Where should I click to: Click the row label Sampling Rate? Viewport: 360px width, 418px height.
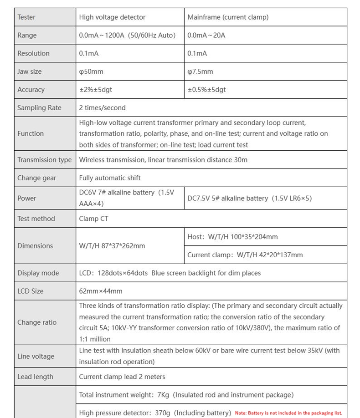(39, 108)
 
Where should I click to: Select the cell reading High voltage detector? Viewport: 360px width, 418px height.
(112, 17)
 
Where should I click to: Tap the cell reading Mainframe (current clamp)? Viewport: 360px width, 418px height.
(228, 17)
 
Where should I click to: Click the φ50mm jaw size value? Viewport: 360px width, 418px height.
(91, 71)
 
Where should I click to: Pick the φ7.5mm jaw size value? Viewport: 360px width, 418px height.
(200, 71)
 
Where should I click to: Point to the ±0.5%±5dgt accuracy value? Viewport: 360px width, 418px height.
(206, 90)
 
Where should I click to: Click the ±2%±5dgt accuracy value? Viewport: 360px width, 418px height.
(95, 90)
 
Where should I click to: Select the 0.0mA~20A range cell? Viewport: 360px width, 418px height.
(206, 35)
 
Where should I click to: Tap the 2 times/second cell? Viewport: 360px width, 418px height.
(102, 108)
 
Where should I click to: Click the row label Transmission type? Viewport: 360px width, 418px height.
(44, 160)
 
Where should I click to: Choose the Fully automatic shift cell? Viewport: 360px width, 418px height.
(110, 178)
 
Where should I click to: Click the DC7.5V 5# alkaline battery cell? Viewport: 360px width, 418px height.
(249, 199)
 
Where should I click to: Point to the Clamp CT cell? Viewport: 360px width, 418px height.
(93, 219)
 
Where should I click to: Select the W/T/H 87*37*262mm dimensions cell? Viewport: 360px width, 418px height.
(112, 246)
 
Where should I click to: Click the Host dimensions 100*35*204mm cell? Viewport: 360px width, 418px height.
(232, 237)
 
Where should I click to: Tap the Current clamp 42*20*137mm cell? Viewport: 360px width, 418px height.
(245, 255)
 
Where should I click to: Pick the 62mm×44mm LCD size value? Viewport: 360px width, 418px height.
(101, 291)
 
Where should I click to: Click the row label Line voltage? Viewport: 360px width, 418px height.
(36, 357)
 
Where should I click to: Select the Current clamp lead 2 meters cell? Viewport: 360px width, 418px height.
(122, 377)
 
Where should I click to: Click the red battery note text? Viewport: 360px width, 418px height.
(288, 413)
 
